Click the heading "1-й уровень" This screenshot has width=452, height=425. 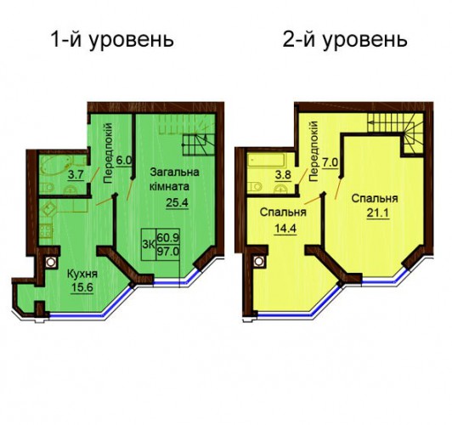click(112, 40)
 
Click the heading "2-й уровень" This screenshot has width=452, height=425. click(345, 40)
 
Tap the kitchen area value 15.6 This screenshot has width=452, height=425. click(82, 287)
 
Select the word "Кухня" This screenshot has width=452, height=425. click(82, 274)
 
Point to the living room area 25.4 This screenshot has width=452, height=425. click(177, 202)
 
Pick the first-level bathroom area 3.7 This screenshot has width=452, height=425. click(76, 174)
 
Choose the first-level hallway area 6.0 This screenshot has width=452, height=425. click(124, 161)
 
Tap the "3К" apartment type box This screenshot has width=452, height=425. click(149, 245)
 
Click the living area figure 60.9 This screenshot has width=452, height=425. click(167, 238)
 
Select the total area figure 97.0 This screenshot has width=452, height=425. click(167, 252)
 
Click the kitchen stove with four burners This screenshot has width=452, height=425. click(46, 230)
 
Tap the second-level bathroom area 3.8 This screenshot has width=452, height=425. click(283, 175)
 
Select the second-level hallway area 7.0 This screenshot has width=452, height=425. click(330, 163)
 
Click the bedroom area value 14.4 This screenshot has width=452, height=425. click(285, 229)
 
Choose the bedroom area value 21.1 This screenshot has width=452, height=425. click(378, 213)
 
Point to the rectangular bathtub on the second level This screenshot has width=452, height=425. click(267, 160)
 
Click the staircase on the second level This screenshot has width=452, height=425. click(396, 133)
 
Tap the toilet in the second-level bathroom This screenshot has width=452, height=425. click(255, 186)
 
